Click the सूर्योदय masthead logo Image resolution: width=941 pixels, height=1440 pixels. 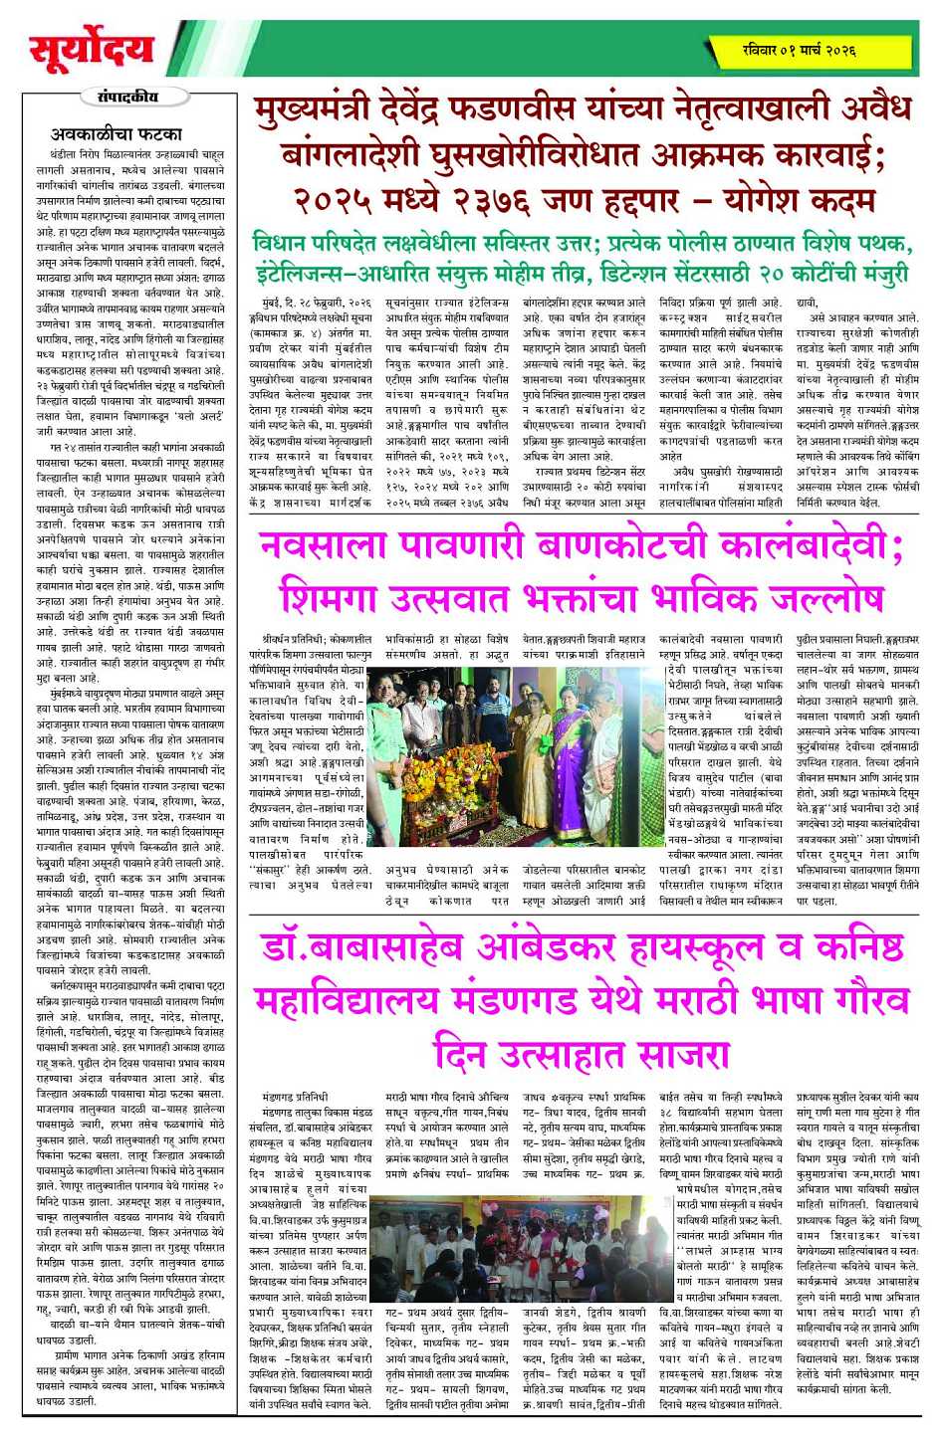coord(92,50)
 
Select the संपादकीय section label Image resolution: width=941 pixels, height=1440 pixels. coord(128,97)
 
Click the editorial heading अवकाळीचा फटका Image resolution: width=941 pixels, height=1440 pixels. coord(117,133)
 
